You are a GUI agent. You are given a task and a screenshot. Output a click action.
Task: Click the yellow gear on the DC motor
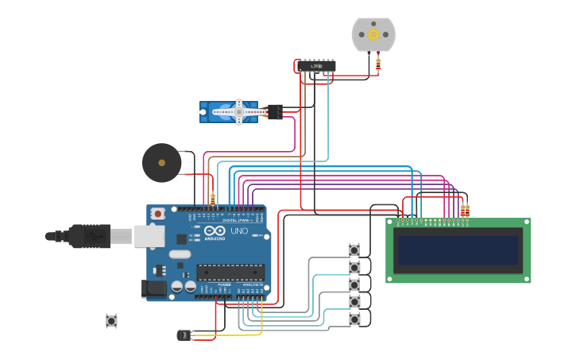pos(373,34)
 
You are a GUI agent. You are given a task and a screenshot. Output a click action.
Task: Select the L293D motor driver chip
pos(316,66)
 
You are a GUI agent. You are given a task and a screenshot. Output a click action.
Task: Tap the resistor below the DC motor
pos(377,63)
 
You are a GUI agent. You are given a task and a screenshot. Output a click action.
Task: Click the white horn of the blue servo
pos(238,112)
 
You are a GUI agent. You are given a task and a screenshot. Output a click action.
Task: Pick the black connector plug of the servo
pos(275,112)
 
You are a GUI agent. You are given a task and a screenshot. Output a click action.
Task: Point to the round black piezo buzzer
pos(161,163)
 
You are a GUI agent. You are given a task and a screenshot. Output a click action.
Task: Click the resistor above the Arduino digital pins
pos(212,199)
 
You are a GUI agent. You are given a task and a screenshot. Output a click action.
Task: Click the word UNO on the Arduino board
pos(239,231)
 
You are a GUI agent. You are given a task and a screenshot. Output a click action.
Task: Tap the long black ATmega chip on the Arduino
pos(230,272)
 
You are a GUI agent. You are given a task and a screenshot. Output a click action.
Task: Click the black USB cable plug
pos(87,236)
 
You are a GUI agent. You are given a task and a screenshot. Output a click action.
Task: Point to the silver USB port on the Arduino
pos(148,236)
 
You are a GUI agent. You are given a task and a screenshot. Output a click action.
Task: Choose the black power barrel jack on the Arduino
pos(153,288)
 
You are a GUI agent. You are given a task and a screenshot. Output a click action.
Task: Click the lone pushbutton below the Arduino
pos(111,321)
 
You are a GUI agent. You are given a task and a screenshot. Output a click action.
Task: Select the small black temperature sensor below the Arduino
pos(184,335)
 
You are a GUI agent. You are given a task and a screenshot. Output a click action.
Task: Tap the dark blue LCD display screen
pos(458,250)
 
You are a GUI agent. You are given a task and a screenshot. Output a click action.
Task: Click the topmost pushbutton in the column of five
pos(354,250)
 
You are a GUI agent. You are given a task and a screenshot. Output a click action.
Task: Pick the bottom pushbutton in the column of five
pos(354,319)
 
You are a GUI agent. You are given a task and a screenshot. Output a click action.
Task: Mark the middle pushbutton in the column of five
pos(354,285)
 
